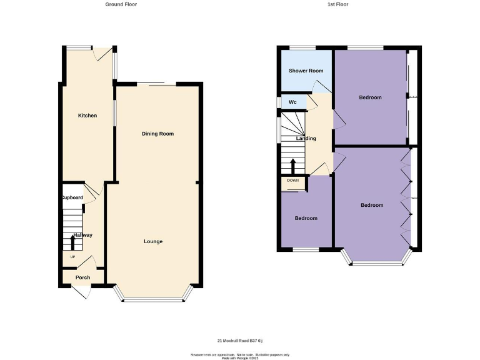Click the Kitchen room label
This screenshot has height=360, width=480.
coord(87,116)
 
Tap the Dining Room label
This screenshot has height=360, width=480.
coord(157,134)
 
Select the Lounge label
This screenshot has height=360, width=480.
coord(153,241)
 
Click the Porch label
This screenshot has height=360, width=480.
coord(82,277)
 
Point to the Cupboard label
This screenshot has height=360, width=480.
coord(72,197)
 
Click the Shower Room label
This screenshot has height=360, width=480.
coord(306,71)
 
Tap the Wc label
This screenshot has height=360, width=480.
coord(292,102)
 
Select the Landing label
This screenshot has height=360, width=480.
coord(306,138)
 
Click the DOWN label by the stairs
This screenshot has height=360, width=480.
coord(293,181)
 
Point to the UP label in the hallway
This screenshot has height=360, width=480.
coord(72,257)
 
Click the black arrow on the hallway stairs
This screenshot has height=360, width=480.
coord(72,241)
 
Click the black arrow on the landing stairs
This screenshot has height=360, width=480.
coord(293,166)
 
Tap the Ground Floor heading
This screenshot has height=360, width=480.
coord(121,4)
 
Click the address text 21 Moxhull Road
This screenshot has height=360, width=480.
coord(240,341)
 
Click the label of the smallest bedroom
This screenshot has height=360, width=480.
coord(306,218)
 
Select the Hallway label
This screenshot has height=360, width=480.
coord(82,235)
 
